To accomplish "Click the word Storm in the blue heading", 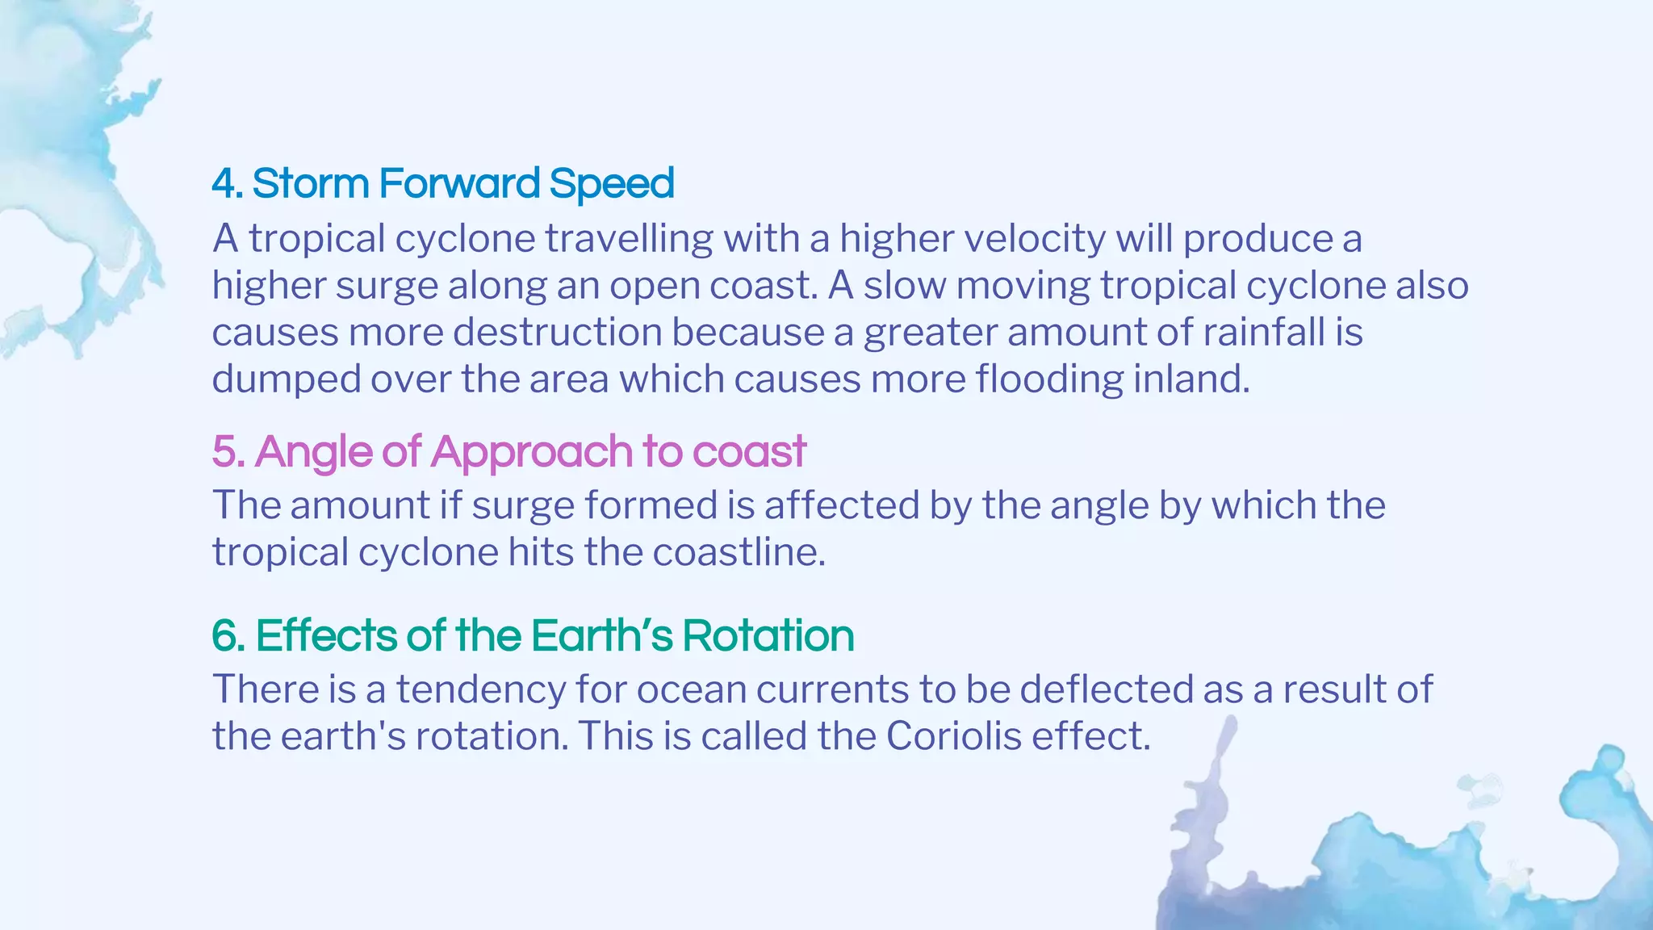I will (311, 183).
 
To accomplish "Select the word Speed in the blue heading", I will (611, 185).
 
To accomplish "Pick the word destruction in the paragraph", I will (558, 332).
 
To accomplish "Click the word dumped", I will (287, 379).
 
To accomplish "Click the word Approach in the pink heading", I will (532, 452).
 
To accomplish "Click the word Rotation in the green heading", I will (768, 635).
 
